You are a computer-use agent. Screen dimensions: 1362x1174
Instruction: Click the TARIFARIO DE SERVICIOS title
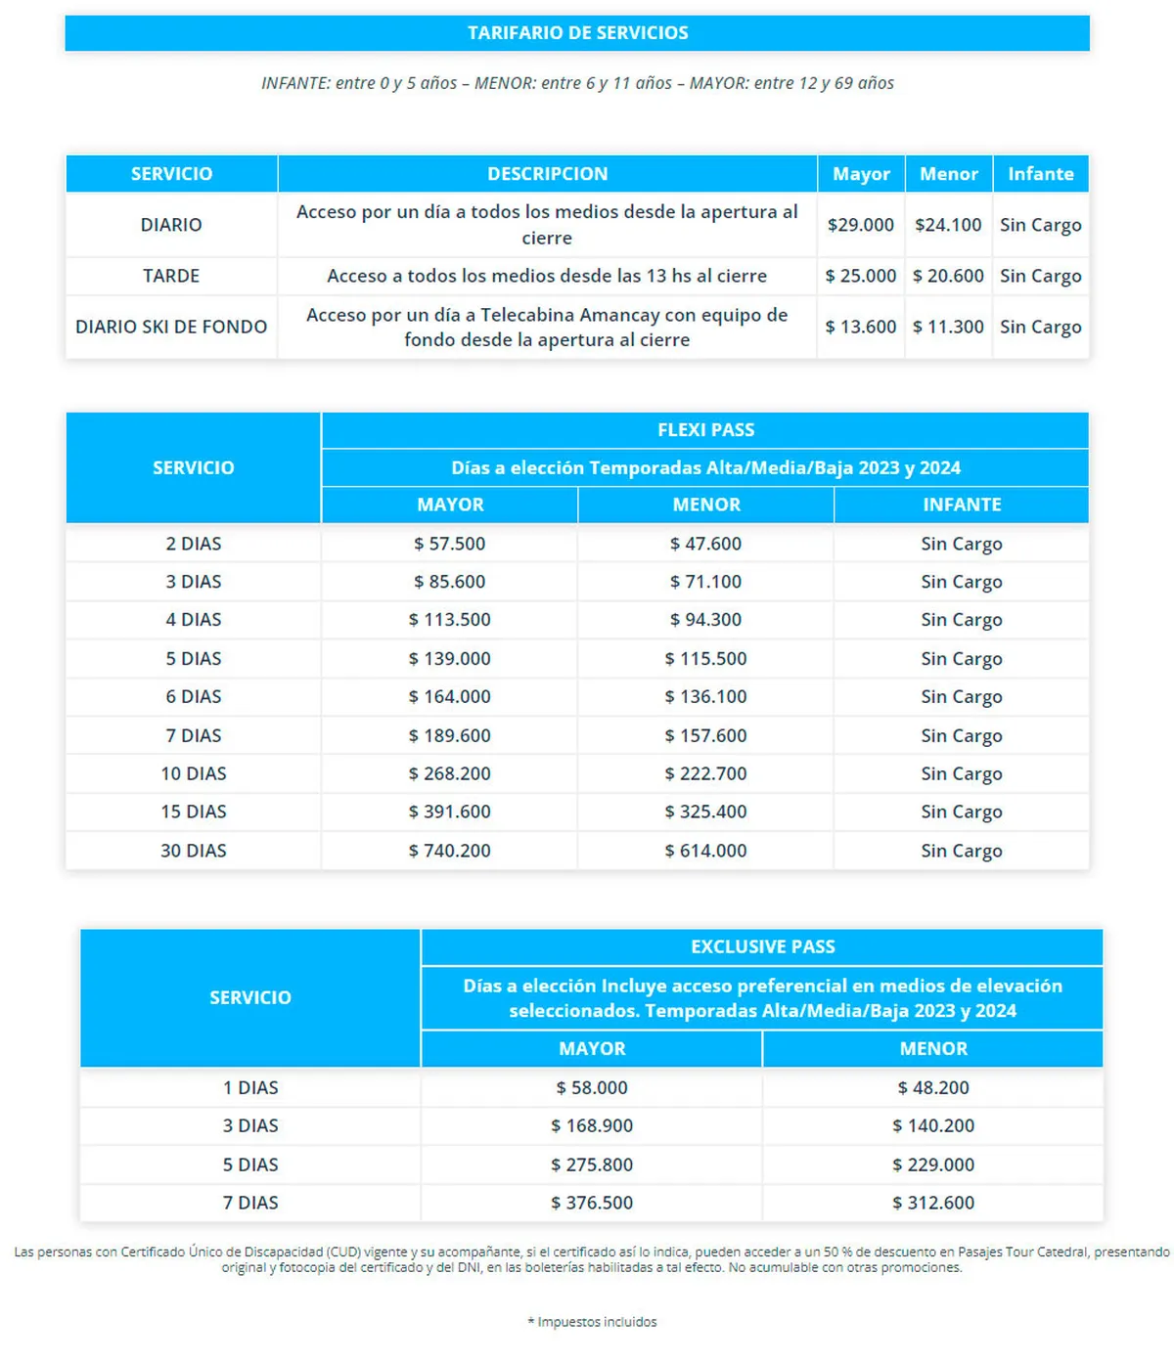[577, 33]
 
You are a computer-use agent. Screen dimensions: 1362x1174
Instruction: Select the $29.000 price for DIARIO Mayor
[860, 225]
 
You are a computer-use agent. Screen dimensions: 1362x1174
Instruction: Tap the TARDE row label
[171, 276]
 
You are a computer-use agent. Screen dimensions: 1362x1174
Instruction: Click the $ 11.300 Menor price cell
[948, 327]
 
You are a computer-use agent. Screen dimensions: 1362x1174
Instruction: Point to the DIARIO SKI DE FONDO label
[171, 327]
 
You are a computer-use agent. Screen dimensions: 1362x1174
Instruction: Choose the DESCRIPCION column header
[547, 174]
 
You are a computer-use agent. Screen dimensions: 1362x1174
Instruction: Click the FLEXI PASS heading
[705, 430]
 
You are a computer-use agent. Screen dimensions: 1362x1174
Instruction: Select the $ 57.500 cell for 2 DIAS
[449, 544]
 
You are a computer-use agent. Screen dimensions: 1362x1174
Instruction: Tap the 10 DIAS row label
[194, 773]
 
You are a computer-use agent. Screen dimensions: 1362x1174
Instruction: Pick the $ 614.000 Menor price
[705, 851]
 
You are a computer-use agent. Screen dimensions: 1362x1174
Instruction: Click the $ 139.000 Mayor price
[449, 659]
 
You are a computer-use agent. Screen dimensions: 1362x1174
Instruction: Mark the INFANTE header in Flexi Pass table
[962, 505]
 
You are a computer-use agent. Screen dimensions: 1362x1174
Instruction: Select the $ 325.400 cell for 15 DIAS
[705, 812]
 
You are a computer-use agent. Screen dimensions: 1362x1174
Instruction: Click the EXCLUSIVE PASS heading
[762, 946]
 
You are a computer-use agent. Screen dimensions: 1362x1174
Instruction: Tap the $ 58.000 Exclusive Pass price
[592, 1087]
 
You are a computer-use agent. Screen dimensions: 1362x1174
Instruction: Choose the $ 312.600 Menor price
[932, 1203]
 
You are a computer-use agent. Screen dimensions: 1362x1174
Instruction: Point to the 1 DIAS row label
[250, 1087]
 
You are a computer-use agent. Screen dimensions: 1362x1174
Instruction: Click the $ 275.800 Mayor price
[592, 1164]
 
